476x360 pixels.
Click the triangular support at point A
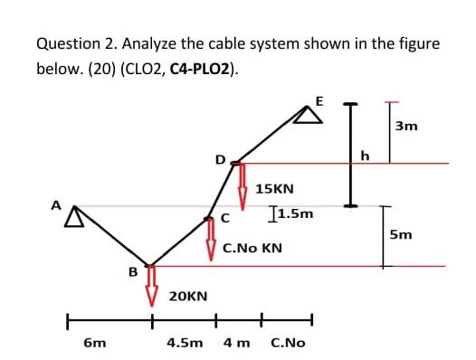pos(72,214)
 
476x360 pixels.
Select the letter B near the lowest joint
pos(133,270)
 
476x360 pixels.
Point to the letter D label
pos(219,159)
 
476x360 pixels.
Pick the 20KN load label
pos(188,296)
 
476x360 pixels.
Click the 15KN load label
pos(275,189)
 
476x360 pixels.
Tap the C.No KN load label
pos(252,246)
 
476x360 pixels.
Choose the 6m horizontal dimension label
pos(94,344)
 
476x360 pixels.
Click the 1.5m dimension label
pos(294,214)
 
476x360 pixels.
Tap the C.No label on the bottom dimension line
pos(288,344)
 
